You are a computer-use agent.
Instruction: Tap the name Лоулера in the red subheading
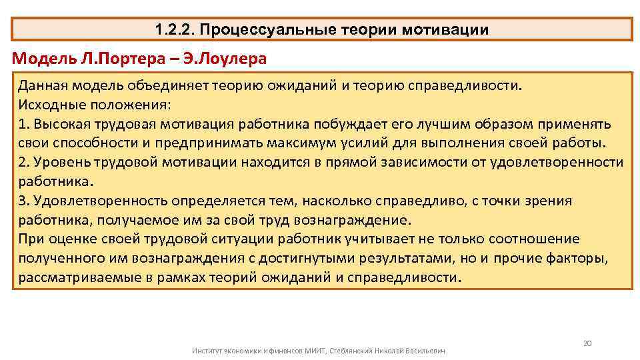click(x=233, y=59)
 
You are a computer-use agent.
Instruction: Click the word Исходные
click(x=48, y=105)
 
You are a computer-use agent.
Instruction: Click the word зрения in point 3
click(x=545, y=201)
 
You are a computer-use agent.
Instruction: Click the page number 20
click(x=587, y=343)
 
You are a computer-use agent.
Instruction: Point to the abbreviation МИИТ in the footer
click(x=315, y=350)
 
